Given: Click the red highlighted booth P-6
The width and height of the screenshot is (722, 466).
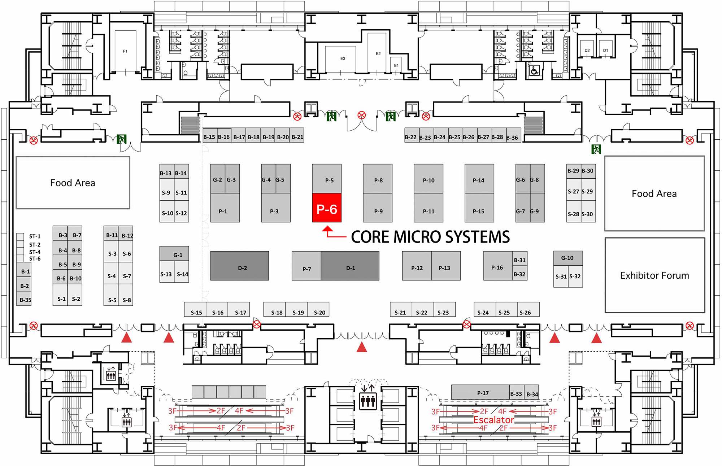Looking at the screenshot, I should [327, 208].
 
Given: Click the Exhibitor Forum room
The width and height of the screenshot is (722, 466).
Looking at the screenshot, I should [654, 275].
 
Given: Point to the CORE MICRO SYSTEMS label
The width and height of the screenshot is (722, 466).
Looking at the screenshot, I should [430, 237].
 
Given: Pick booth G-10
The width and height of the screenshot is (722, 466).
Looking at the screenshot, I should [567, 258].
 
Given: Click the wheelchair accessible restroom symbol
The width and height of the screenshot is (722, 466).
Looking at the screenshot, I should [534, 70].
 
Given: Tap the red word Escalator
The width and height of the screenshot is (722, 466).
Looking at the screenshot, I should [493, 420].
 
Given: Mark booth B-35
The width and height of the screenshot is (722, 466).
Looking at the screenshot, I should [24, 300].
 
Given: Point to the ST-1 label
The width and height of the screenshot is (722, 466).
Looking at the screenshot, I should [35, 236].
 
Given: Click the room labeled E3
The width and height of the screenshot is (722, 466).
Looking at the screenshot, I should [343, 58].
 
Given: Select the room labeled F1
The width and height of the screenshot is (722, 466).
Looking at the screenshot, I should [125, 51].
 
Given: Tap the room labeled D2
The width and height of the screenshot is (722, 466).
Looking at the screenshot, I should [587, 51].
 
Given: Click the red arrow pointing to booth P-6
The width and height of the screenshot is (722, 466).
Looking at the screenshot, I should [328, 231].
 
